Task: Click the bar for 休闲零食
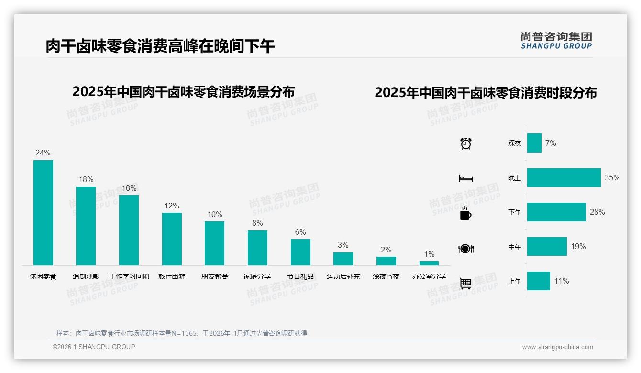43,212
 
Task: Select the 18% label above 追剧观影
86,179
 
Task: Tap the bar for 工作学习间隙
129,230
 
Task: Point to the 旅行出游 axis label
172,276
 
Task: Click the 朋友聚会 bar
214,243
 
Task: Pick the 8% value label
257,223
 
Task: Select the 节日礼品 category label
300,276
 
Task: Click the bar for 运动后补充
343,259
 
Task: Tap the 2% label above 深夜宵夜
386,250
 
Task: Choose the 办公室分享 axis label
429,276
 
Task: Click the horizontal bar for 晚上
564,177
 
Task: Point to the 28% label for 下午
597,212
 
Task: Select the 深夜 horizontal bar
534,143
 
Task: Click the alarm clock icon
466,143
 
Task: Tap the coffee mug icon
465,214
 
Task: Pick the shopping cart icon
465,283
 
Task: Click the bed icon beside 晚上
465,178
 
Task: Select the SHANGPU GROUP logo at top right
556,41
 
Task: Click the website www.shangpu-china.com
557,347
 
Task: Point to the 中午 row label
515,247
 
